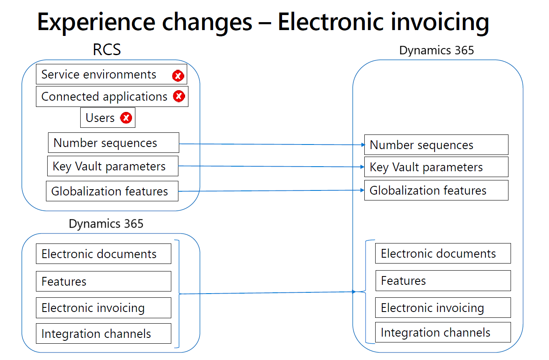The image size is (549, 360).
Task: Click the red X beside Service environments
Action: coord(178,76)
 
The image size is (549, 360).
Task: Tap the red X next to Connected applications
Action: coord(179,96)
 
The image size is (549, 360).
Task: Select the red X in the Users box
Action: coord(126,118)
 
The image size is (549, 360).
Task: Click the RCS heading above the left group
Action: coord(107,50)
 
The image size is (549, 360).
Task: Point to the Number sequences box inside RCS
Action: coord(114,143)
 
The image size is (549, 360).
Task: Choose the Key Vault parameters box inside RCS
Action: coord(113,166)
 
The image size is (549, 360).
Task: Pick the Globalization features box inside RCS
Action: coord(112,191)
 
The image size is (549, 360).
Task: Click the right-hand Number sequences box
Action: coord(437,145)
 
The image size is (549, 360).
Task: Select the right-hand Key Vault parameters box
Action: coord(437,167)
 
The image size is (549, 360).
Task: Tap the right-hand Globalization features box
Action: coord(437,190)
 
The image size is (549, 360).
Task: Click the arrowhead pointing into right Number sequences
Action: coord(363,145)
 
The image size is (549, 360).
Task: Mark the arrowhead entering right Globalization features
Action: coord(362,190)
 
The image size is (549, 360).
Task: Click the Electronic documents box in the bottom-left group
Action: coord(104,254)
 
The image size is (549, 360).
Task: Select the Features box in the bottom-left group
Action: coord(104,281)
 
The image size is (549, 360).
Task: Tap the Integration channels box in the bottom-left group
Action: coord(104,334)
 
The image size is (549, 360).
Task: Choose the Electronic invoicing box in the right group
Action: coord(443,308)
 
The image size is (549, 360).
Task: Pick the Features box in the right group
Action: coord(443,281)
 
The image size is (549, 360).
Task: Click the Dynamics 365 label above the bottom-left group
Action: coord(106,223)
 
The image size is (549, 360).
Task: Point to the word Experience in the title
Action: coord(97,23)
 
